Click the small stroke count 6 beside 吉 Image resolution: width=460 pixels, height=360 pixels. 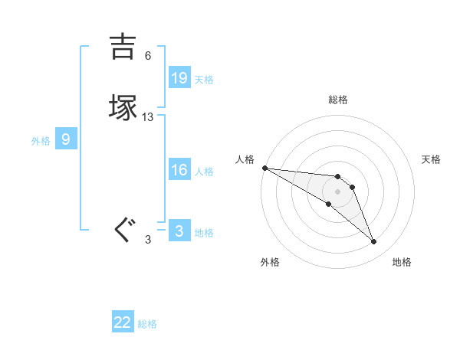click(x=148, y=56)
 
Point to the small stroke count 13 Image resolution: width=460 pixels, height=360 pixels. click(x=148, y=117)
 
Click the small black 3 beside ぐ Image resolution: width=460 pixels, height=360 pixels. click(x=148, y=240)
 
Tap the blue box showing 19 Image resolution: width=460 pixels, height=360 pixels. click(x=179, y=78)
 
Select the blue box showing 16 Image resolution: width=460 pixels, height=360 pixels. click(x=179, y=170)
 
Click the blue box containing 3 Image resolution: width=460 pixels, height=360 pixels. click(x=179, y=231)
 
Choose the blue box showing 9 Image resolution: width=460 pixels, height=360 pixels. click(x=66, y=139)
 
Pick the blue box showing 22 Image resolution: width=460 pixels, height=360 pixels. click(x=123, y=322)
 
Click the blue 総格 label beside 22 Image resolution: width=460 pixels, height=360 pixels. click(x=147, y=324)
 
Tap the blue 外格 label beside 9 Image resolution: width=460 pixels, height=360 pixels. click(x=41, y=141)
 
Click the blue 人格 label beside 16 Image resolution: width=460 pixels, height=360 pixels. click(x=205, y=172)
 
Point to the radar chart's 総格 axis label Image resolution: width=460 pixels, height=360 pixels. click(x=338, y=100)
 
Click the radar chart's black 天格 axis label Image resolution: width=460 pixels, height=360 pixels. click(x=432, y=159)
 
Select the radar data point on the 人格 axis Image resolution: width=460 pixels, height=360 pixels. click(x=264, y=168)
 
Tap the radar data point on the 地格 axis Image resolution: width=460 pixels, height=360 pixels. click(x=374, y=242)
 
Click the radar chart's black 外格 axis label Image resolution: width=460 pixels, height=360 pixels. click(x=270, y=262)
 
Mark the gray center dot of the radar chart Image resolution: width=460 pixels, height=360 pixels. click(x=338, y=191)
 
